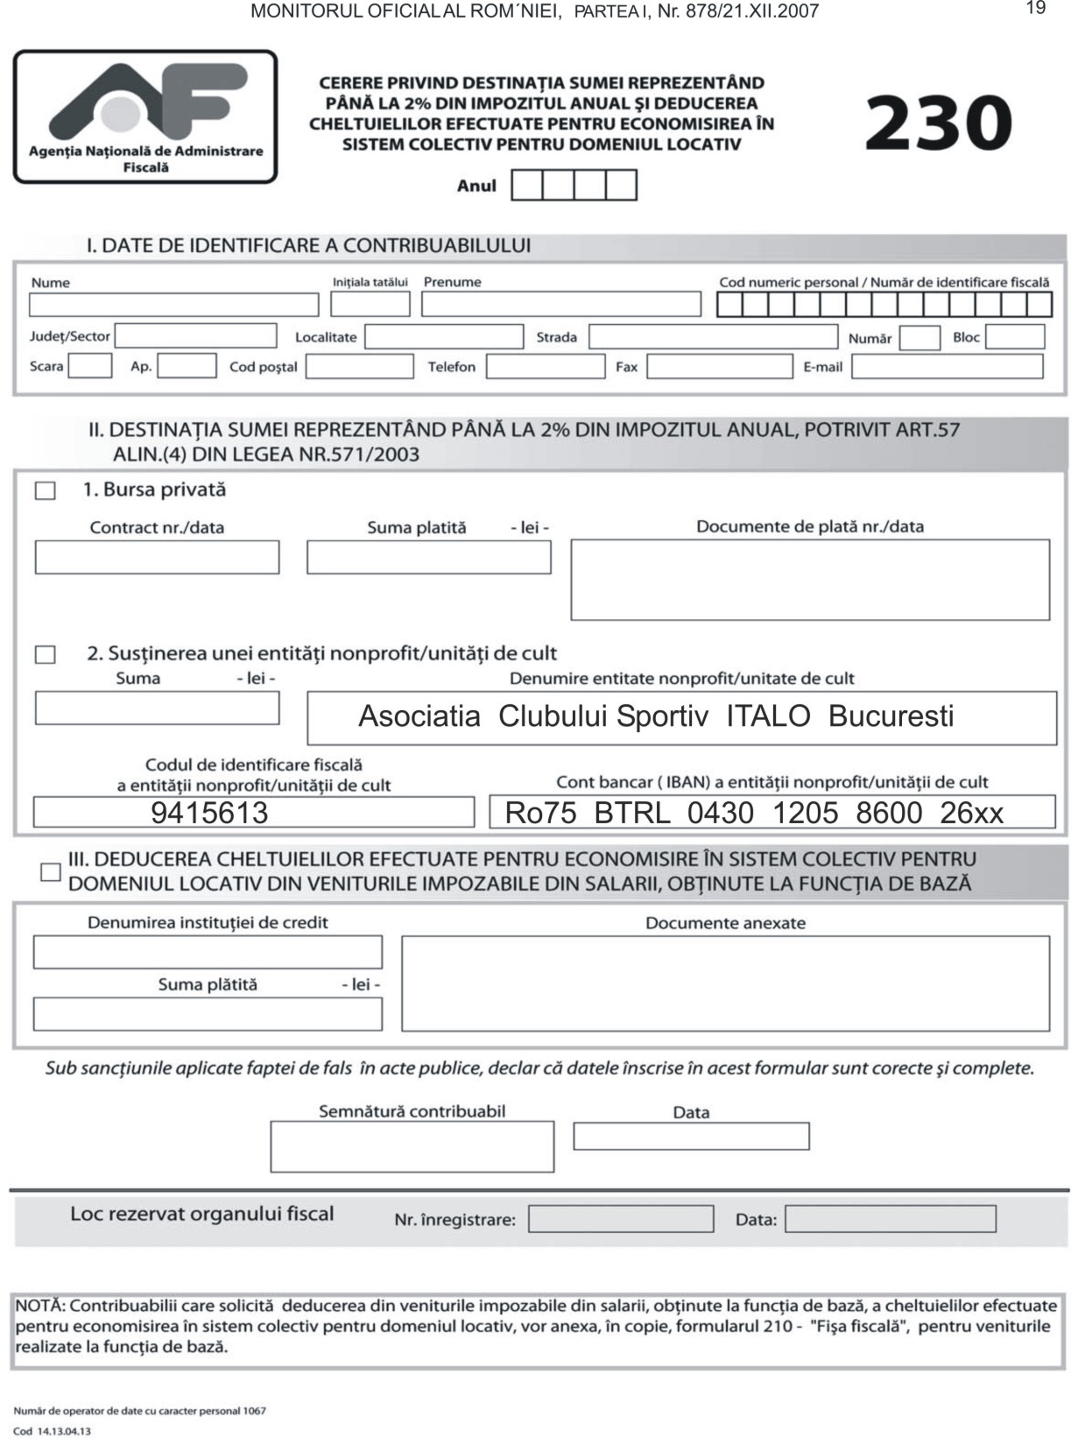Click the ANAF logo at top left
pyautogui.click(x=145, y=116)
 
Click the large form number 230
pyautogui.click(x=938, y=123)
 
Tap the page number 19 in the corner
pyautogui.click(x=1035, y=9)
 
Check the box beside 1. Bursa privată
pyautogui.click(x=46, y=490)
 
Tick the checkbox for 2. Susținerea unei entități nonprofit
pyautogui.click(x=46, y=654)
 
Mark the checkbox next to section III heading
pyautogui.click(x=51, y=871)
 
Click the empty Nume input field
pyautogui.click(x=173, y=305)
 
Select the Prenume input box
pyautogui.click(x=560, y=304)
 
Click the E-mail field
pyautogui.click(x=947, y=366)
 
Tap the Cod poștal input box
pyautogui.click(x=359, y=366)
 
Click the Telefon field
pyautogui.click(x=545, y=366)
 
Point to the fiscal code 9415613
pyautogui.click(x=209, y=813)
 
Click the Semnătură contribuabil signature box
pyautogui.click(x=412, y=1146)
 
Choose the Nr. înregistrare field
pyautogui.click(x=620, y=1219)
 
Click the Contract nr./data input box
pyautogui.click(x=157, y=558)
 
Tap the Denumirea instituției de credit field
pyautogui.click(x=208, y=952)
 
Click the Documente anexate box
pyautogui.click(x=725, y=983)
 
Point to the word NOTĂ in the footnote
pyautogui.click(x=39, y=1306)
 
